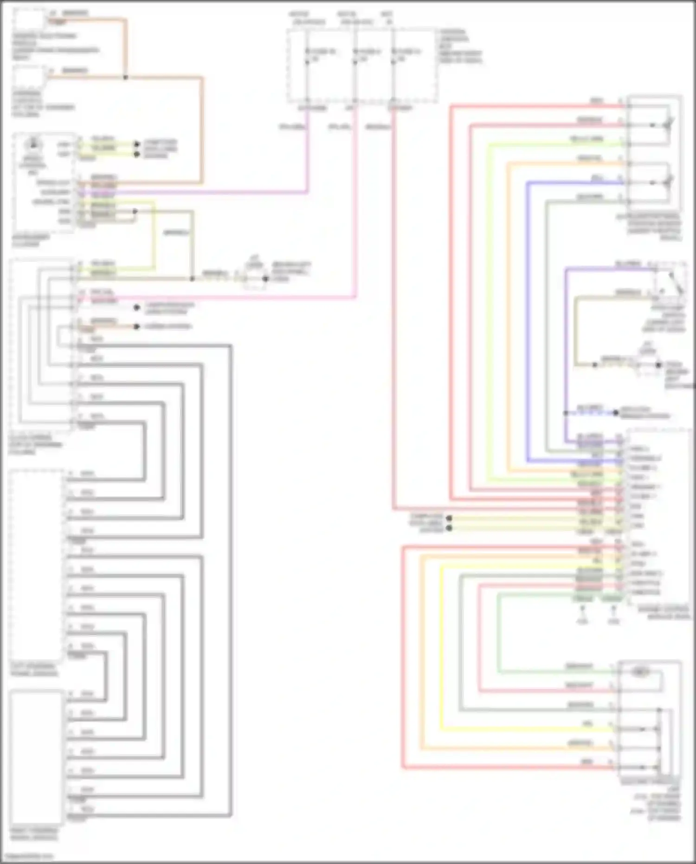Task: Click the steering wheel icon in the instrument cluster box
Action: tap(32, 144)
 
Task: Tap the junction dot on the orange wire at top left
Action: tap(125, 77)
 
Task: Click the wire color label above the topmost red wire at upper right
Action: tap(597, 101)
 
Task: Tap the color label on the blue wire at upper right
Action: tap(597, 178)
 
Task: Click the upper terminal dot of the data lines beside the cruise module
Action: tap(449, 518)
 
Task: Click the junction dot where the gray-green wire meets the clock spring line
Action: tap(192, 279)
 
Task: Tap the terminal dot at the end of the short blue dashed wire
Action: tap(616, 412)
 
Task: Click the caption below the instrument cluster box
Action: tap(31, 240)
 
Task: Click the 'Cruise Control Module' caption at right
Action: tap(664, 612)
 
